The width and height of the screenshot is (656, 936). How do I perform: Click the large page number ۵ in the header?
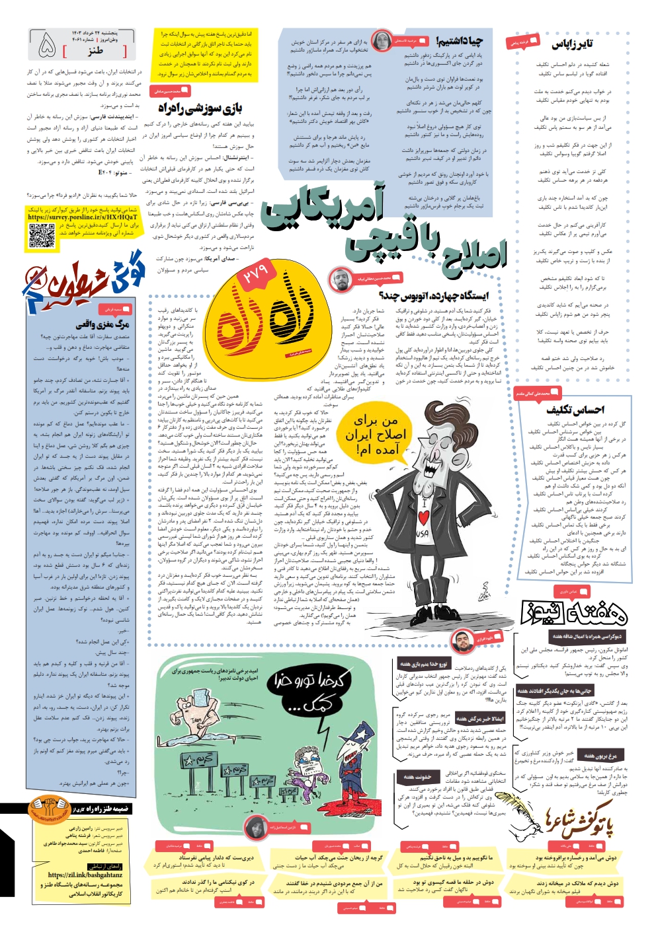47,45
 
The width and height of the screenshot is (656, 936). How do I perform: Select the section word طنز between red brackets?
96,50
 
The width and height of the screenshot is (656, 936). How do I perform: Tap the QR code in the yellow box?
42,236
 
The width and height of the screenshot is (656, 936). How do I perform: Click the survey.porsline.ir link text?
83,217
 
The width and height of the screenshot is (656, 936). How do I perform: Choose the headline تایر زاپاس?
572,44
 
